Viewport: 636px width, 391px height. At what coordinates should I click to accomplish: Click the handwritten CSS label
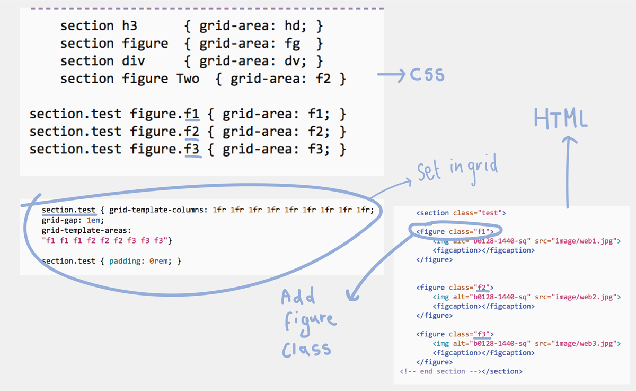pos(427,75)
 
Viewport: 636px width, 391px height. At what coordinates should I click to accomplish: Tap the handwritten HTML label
pos(560,119)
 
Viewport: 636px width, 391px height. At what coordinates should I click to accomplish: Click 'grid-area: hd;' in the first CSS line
pos(253,26)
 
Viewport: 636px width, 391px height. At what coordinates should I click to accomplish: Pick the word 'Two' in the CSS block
pos(188,79)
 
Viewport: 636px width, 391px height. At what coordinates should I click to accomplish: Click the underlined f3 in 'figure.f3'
pos(192,150)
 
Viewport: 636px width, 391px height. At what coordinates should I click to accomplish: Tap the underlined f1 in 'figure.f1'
pos(192,114)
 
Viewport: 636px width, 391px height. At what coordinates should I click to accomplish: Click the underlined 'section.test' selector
pos(69,210)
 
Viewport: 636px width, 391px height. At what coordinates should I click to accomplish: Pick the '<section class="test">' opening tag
pos(461,213)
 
